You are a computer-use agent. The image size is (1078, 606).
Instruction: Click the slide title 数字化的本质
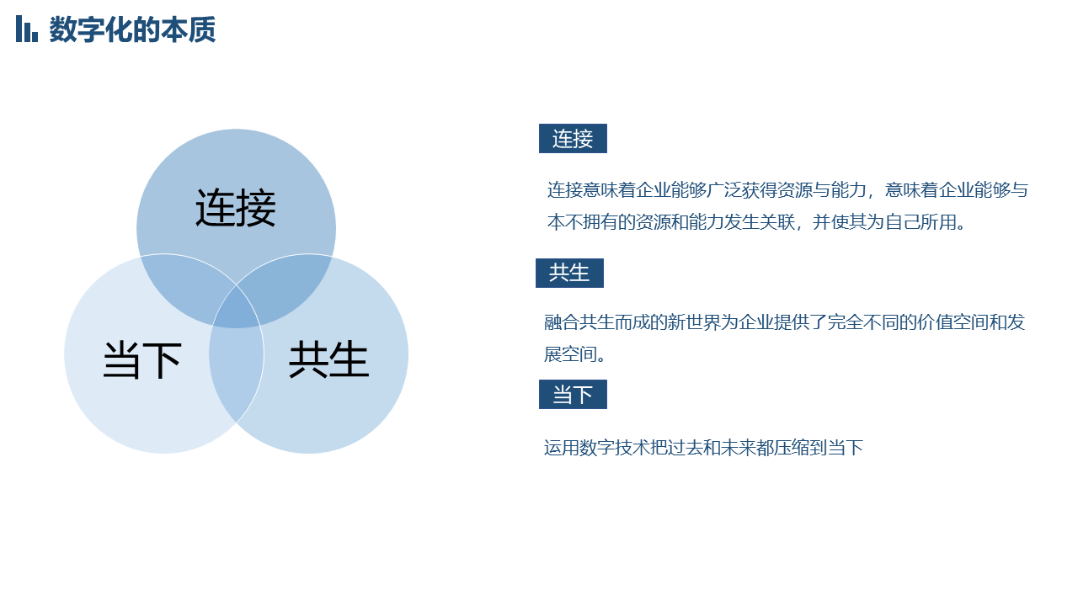coord(132,29)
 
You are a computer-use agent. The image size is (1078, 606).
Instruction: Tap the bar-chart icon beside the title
coord(26,29)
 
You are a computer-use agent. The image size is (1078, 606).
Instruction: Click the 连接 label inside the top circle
coord(236,208)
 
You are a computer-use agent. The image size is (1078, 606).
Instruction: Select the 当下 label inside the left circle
coord(142,359)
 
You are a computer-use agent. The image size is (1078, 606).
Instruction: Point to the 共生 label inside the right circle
coord(328,359)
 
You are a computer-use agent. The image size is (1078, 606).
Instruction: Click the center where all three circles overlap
coord(237,308)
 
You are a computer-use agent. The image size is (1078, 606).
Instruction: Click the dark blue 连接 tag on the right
coord(573,139)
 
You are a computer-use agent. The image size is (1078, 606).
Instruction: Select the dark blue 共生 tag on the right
coord(569,274)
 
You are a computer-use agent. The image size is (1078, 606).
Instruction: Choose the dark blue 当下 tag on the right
coord(573,395)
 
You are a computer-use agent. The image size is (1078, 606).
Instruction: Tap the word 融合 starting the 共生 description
coord(561,322)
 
